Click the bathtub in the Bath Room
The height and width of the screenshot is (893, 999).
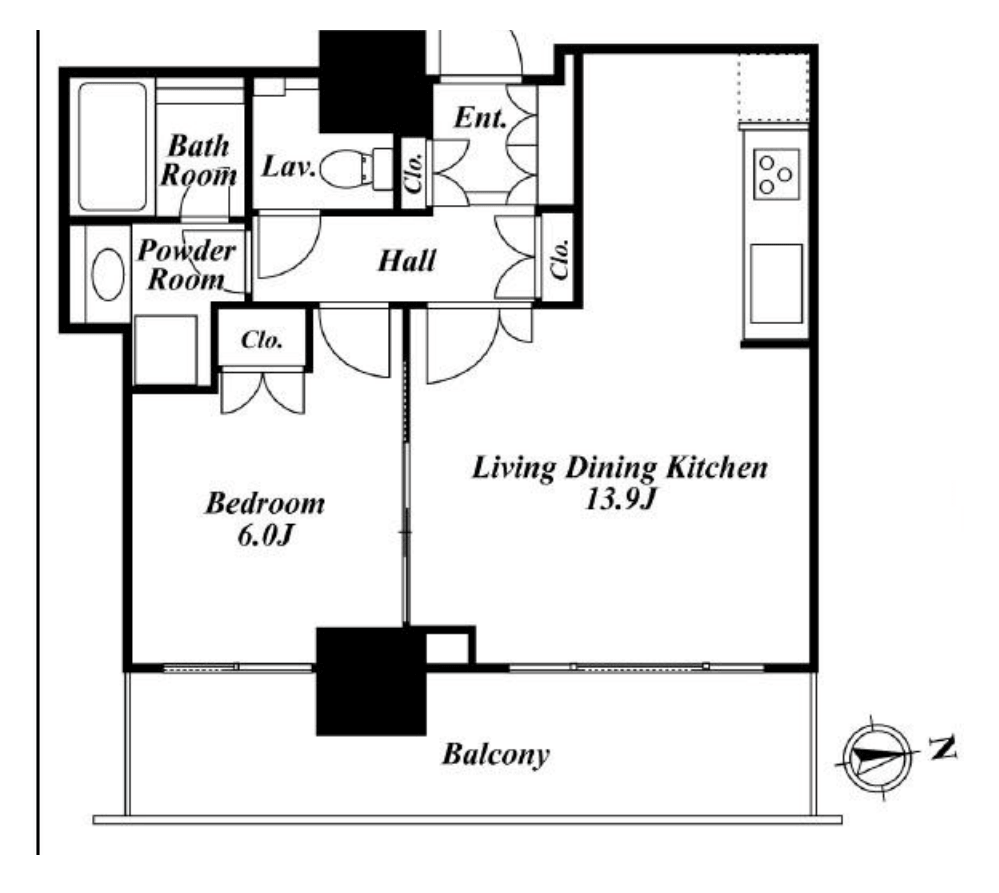click(113, 146)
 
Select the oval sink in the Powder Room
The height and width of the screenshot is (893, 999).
click(108, 275)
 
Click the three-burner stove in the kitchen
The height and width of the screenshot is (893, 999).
click(776, 174)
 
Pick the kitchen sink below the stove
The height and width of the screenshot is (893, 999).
click(776, 283)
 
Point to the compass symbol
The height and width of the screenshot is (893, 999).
click(876, 758)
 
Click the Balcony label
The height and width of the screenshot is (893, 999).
click(495, 755)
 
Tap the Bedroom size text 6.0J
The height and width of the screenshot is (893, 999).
click(265, 536)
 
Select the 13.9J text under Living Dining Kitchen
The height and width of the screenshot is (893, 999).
click(620, 499)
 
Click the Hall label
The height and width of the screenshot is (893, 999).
click(406, 261)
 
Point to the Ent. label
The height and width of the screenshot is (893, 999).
click(480, 118)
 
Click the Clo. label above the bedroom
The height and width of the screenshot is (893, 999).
click(262, 340)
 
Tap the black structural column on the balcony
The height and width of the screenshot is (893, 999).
click(371, 682)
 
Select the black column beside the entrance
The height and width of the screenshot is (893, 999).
click(373, 82)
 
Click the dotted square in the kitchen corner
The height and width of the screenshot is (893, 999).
click(773, 88)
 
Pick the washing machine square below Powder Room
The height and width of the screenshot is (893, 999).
click(166, 350)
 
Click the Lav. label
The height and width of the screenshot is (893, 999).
click(289, 167)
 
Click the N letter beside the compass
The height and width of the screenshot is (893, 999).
click(942, 747)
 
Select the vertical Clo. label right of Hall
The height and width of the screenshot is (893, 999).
click(560, 259)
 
